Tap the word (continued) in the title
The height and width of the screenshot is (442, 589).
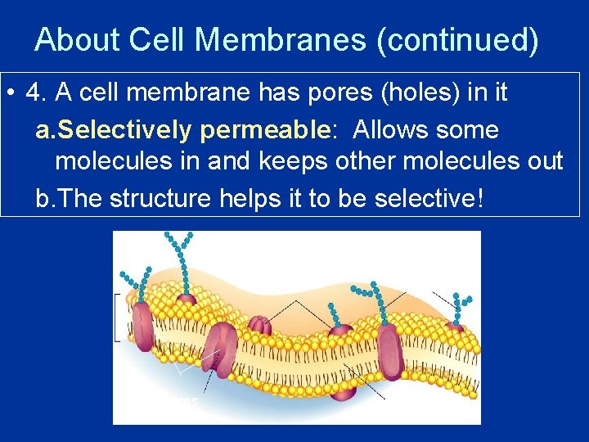pos(457,40)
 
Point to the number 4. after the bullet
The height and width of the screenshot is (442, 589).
pos(35,92)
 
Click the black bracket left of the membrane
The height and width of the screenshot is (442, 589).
pos(118,316)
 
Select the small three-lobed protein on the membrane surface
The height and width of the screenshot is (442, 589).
pos(259,325)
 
